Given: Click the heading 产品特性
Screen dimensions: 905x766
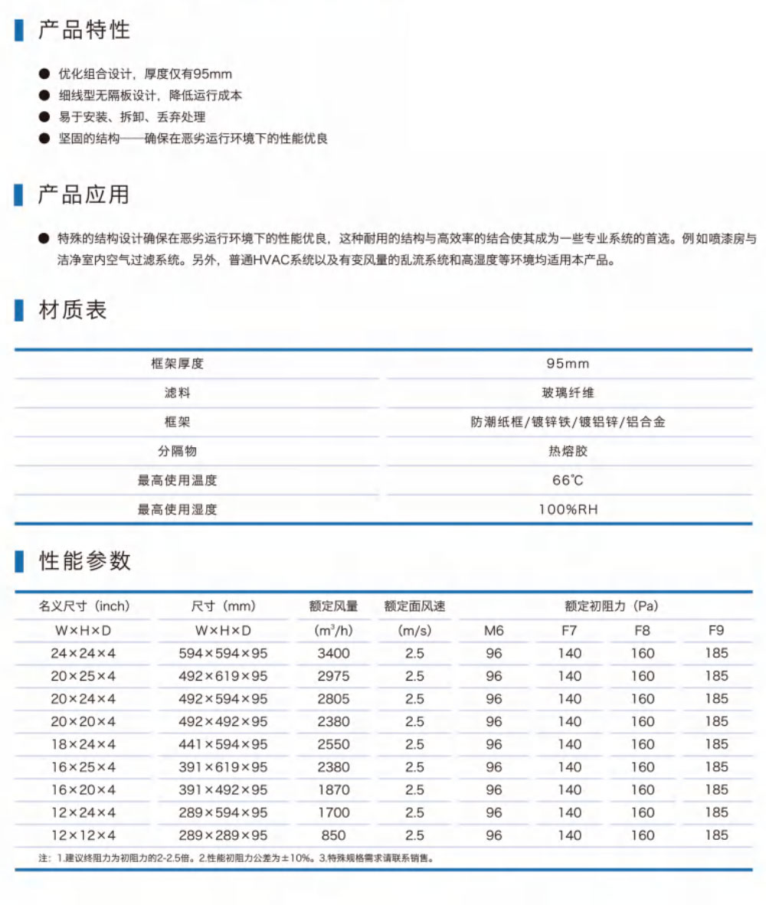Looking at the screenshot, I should pyautogui.click(x=84, y=30).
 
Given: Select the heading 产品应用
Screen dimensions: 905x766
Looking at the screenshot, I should pyautogui.click(x=84, y=195).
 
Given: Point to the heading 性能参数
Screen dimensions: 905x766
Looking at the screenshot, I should pyautogui.click(x=84, y=561).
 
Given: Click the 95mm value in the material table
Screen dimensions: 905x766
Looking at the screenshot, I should pyautogui.click(x=568, y=364).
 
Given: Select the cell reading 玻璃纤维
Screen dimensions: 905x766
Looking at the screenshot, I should pyautogui.click(x=568, y=393).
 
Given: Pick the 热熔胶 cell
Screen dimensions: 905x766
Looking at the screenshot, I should pyautogui.click(x=568, y=451).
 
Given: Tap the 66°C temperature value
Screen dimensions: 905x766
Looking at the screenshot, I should pyautogui.click(x=568, y=480).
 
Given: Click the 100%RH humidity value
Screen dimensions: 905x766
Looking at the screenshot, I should pyautogui.click(x=568, y=509).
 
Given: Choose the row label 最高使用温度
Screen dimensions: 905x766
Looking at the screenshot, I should pyautogui.click(x=177, y=480).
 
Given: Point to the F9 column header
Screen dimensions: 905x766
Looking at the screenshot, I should pyautogui.click(x=717, y=631).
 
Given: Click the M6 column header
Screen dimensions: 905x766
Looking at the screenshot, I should pyautogui.click(x=494, y=631).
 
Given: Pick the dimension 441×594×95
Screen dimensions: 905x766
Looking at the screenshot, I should pyautogui.click(x=222, y=744).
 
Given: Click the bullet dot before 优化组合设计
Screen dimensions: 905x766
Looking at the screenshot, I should pyautogui.click(x=43, y=75).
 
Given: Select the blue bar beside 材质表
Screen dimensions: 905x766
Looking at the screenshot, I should pyautogui.click(x=19, y=311).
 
